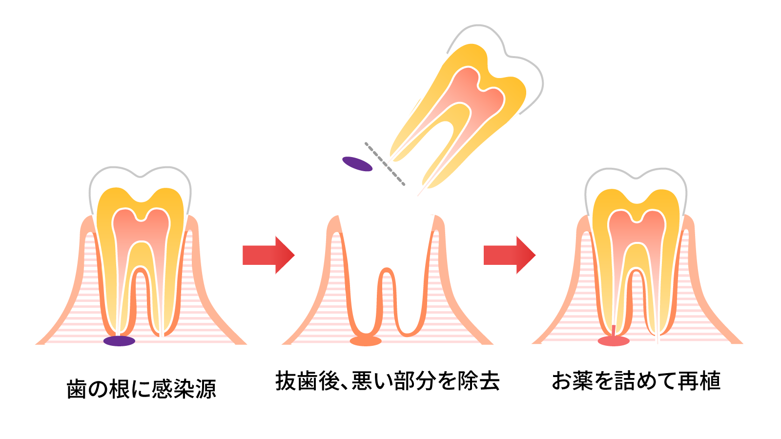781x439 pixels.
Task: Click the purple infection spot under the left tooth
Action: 119,341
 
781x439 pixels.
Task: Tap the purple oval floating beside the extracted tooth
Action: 357,164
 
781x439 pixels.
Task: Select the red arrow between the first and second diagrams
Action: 268,255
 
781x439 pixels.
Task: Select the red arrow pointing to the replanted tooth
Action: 509,255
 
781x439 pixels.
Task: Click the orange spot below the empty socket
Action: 366,340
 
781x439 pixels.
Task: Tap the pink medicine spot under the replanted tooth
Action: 614,340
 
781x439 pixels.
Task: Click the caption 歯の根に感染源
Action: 141,389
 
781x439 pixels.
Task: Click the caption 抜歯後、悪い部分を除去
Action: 388,381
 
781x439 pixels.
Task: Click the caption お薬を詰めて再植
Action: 636,381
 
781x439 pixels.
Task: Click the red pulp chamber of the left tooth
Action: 141,229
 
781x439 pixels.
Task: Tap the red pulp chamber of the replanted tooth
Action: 636,229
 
